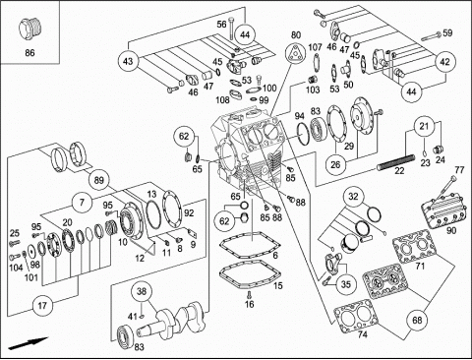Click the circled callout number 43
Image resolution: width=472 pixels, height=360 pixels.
[128, 61]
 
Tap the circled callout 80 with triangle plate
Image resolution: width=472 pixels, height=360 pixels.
[295, 54]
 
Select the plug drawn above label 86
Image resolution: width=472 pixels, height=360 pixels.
[29, 30]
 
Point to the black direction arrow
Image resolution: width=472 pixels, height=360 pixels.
[29, 343]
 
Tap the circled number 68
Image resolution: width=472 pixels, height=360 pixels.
[417, 320]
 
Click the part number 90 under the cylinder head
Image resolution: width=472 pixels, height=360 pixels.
[451, 230]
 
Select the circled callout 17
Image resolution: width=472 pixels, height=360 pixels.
[42, 306]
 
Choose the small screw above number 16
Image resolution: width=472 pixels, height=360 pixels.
[249, 293]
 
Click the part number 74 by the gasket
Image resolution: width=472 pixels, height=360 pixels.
[363, 334]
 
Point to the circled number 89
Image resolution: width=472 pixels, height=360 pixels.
[98, 180]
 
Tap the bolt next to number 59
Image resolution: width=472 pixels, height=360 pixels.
[431, 36]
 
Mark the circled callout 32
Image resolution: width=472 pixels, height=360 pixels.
[353, 197]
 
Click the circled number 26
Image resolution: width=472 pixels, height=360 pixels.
[335, 164]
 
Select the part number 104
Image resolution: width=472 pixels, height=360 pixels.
[16, 268]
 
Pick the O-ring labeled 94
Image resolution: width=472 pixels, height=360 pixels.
[304, 134]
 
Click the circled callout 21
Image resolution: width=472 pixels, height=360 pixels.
[424, 126]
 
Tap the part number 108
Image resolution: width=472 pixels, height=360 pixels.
[222, 99]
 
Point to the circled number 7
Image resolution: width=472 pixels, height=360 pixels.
[82, 202]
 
